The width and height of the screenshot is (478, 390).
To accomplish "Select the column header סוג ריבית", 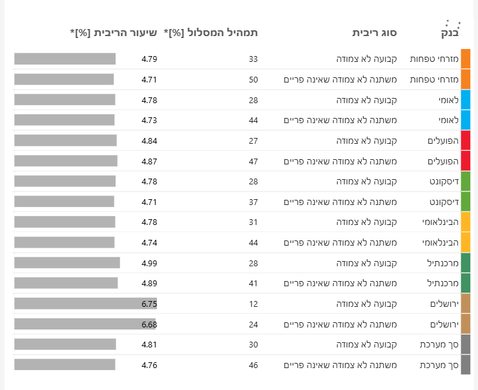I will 375,32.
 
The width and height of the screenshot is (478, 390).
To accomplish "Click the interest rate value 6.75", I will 149,304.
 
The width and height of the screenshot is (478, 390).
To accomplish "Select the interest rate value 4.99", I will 149,263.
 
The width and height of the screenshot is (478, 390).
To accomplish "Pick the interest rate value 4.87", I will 149,161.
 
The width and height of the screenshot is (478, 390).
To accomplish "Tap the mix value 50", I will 253,79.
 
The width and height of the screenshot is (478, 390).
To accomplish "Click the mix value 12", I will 253,304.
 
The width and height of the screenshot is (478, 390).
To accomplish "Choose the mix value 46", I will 253,365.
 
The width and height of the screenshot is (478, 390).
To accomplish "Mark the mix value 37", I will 253,202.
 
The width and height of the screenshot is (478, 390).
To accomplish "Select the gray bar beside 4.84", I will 65,141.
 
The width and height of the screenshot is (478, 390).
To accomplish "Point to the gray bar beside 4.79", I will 65,59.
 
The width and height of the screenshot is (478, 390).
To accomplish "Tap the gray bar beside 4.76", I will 65,365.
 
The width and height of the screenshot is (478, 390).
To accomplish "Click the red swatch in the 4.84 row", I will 466,141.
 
